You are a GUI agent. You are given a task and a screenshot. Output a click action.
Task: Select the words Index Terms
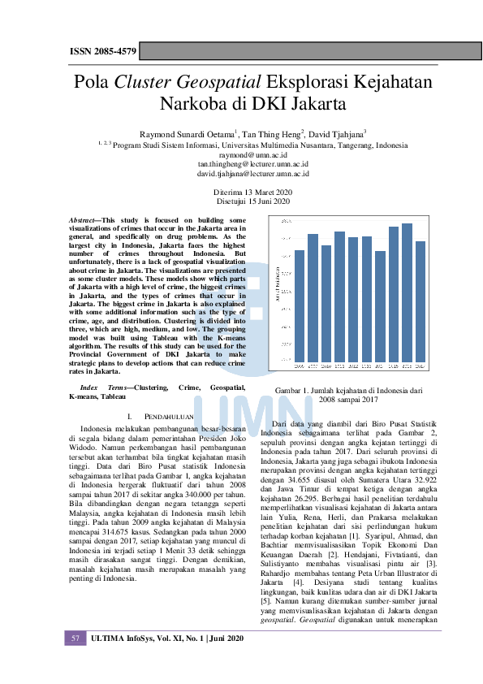click(94, 388)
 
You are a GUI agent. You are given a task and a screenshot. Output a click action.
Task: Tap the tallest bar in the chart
click(407, 294)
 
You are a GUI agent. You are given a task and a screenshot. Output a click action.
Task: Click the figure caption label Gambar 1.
click(295, 390)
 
